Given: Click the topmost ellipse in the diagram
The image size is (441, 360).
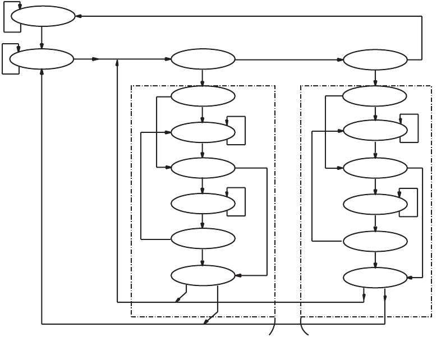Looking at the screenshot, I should [43, 16].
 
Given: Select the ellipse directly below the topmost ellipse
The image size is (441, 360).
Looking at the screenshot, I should [42, 58].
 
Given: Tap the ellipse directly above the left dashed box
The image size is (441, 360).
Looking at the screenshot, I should [203, 59].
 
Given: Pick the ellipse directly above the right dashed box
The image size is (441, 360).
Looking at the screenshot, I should [375, 59].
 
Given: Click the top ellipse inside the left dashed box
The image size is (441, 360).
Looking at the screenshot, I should [203, 96].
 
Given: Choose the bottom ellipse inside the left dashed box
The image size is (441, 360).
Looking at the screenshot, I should [203, 275].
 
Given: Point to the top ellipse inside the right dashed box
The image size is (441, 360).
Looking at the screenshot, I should [375, 96].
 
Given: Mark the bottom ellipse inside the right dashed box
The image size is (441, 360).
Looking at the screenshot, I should [375, 277].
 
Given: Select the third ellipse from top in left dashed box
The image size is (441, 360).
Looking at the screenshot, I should [203, 167].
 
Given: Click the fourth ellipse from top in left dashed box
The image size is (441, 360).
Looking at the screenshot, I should [203, 203].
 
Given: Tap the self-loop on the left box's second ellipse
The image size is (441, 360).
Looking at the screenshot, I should [239, 130].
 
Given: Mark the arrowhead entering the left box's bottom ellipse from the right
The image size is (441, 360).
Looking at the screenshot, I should [238, 275].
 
